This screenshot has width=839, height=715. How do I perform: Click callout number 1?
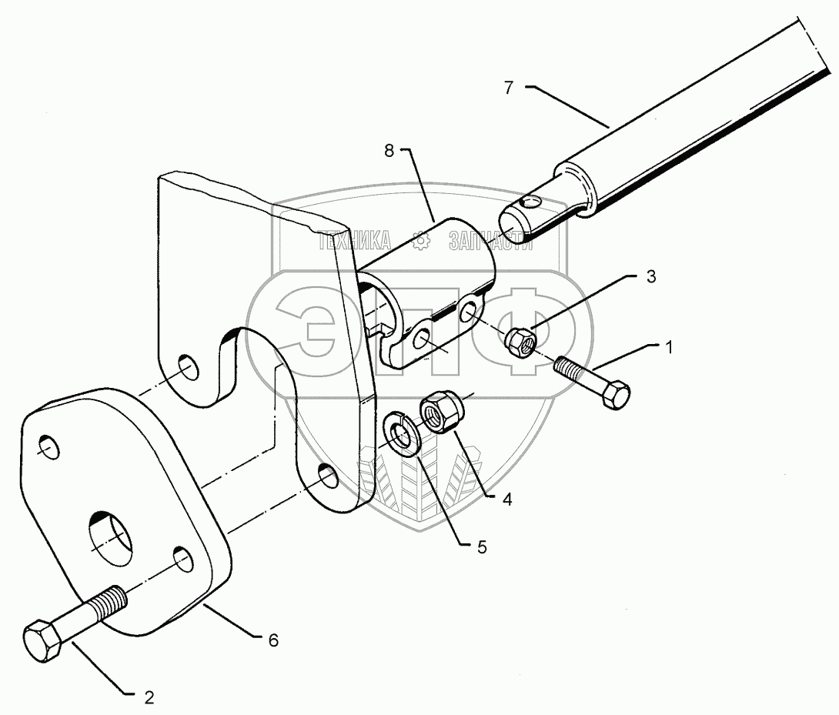669,347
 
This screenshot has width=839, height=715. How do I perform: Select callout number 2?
149,697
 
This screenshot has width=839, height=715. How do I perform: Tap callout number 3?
650,278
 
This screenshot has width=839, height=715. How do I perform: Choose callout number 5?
482,547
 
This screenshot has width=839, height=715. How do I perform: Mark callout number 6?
273,640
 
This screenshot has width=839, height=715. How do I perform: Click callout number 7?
508,88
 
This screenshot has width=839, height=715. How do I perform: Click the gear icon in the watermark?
420,242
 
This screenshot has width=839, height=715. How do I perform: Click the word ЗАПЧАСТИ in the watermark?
490,242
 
